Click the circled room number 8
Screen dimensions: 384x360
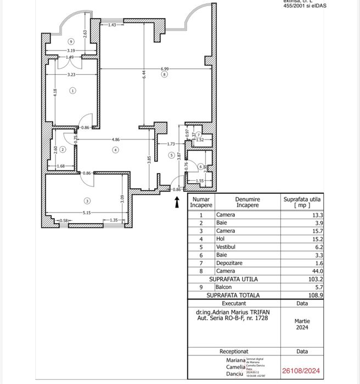pyautogui.click(x=164, y=75)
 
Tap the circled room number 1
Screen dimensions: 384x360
pyautogui.click(x=73, y=91)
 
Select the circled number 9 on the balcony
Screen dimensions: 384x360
pyautogui.click(x=71, y=42)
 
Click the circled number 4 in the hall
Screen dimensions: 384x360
pyautogui.click(x=115, y=149)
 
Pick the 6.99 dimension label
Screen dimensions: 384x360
pyautogui.click(x=165, y=69)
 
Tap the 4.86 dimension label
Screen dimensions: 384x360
pyautogui.click(x=115, y=140)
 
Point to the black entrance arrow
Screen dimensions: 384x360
pyautogui.click(x=177, y=203)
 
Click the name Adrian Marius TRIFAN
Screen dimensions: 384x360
pyautogui.click(x=241, y=312)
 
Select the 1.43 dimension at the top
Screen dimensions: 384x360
pyautogui.click(x=112, y=25)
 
